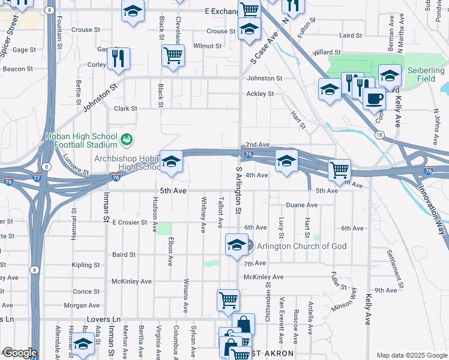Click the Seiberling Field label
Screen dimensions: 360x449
click(x=426, y=74)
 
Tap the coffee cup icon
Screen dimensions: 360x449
click(x=374, y=97)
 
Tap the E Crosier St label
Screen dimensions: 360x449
click(x=130, y=222)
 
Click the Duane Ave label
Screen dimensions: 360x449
click(x=301, y=205)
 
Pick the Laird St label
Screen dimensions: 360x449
click(x=350, y=35)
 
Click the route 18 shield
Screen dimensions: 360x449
click(x=379, y=135)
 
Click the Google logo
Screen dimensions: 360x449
click(x=19, y=353)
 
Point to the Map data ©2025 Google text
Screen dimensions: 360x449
click(x=412, y=355)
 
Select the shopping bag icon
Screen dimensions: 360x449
click(x=243, y=324)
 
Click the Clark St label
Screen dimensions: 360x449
click(x=126, y=109)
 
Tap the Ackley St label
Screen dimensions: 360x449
click(x=261, y=94)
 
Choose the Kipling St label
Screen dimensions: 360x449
click(x=86, y=265)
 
